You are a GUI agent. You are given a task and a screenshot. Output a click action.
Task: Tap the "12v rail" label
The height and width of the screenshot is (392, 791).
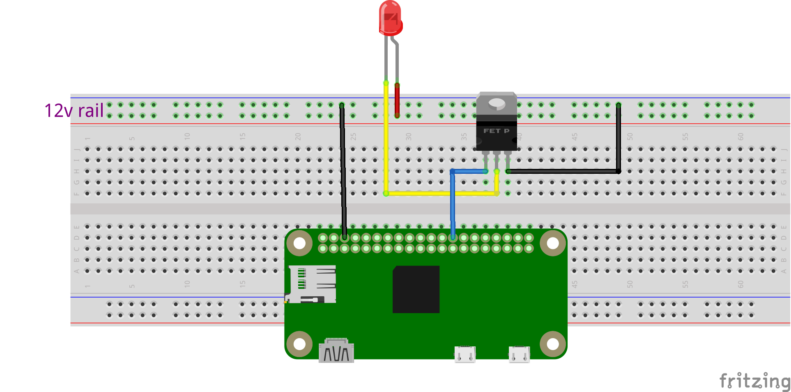(74, 111)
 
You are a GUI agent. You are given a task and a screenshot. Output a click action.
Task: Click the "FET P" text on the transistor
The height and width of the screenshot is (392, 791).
(496, 131)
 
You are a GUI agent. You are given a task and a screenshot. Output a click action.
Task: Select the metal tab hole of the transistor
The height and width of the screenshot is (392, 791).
(497, 103)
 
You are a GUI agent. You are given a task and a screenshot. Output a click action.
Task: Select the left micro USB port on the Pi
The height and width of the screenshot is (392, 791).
(465, 354)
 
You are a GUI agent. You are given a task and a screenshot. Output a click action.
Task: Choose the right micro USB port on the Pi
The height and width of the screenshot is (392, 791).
(519, 354)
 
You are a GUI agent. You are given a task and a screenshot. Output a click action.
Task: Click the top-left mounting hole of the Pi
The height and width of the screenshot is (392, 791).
(299, 243)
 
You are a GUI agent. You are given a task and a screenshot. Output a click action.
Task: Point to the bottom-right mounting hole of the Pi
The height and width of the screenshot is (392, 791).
(553, 344)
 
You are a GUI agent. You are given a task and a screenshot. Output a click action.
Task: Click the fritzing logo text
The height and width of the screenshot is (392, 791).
(755, 381)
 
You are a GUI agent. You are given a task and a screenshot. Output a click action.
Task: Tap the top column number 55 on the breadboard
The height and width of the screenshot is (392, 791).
(685, 136)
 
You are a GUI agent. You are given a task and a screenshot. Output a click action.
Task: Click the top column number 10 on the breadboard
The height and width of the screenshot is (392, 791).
(187, 136)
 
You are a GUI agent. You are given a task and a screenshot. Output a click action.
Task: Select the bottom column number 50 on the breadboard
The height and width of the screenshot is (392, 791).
(630, 284)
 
